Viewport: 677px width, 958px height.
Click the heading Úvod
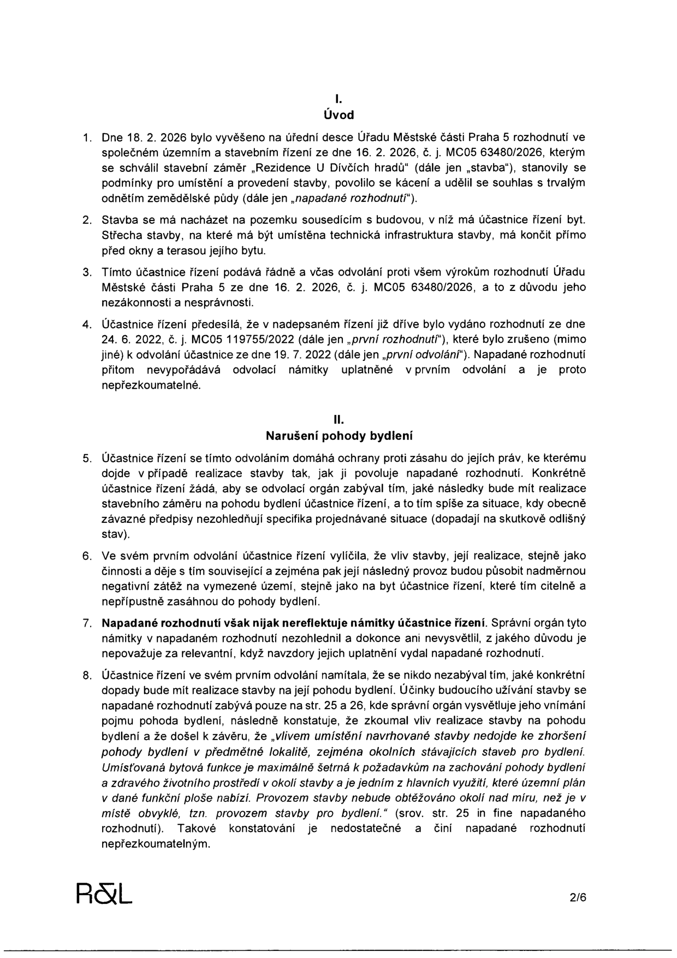point(339,115)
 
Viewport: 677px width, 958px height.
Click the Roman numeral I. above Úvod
point(339,99)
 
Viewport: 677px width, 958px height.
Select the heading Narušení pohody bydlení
point(339,436)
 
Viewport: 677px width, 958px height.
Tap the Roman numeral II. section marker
point(339,420)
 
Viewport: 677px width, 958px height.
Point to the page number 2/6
point(577,896)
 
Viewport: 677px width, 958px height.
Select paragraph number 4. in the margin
point(86,324)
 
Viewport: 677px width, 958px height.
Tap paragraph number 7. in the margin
point(86,623)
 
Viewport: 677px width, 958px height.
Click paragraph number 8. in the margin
point(86,676)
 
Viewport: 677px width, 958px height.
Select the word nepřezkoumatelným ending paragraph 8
point(156,843)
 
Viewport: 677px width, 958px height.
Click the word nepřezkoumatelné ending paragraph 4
point(151,385)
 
